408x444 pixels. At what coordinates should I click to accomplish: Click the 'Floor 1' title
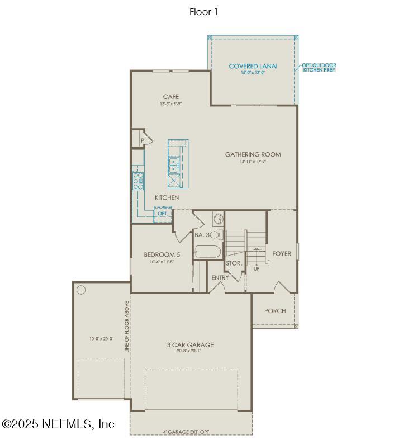203,12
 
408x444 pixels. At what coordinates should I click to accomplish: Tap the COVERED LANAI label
253,67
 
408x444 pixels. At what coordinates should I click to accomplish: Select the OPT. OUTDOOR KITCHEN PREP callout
319,67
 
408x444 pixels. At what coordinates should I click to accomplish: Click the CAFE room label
170,97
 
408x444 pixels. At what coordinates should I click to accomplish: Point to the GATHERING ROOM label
253,154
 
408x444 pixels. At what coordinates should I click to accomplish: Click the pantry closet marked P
142,140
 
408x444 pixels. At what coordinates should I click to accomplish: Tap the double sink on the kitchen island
174,165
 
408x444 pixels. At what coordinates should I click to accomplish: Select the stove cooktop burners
137,178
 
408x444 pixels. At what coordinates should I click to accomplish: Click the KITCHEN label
167,197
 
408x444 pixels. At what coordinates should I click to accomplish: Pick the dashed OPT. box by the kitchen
163,214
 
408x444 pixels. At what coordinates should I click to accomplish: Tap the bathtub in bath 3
208,252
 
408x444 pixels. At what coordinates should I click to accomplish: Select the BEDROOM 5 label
162,255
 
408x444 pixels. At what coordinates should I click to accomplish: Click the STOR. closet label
234,263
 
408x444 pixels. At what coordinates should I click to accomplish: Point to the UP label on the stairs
257,269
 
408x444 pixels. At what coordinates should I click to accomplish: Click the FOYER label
282,253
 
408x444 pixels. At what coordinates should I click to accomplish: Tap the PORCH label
274,311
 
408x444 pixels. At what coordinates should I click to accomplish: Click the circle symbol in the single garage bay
81,290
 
